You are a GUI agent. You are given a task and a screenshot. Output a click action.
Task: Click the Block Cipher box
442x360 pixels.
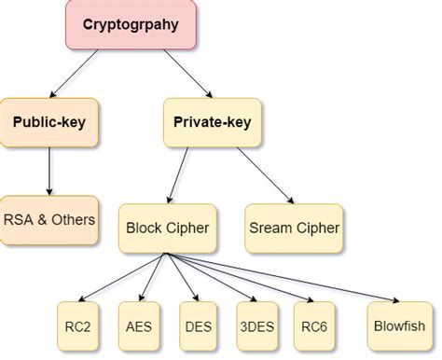[x=168, y=227]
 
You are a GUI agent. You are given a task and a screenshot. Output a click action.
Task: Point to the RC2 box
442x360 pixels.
[x=77, y=327]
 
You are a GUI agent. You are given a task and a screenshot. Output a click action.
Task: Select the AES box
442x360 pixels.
[x=137, y=327]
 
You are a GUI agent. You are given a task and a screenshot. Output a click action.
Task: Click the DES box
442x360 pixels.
[x=197, y=327]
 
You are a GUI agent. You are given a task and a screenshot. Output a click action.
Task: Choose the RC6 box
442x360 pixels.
[x=314, y=327]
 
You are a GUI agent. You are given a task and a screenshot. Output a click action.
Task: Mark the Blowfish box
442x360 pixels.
[x=398, y=327]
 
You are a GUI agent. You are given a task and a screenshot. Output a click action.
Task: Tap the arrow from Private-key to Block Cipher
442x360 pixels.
[x=186, y=173]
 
